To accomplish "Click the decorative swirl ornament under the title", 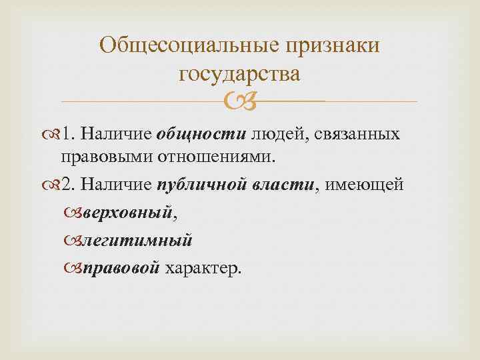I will pyautogui.click(x=239, y=101).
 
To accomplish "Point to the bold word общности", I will pyautogui.click(x=201, y=135).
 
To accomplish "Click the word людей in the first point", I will pyautogui.click(x=271, y=135).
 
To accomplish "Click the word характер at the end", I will pyautogui.click(x=204, y=267).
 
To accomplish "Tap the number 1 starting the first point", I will pyautogui.click(x=65, y=135).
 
